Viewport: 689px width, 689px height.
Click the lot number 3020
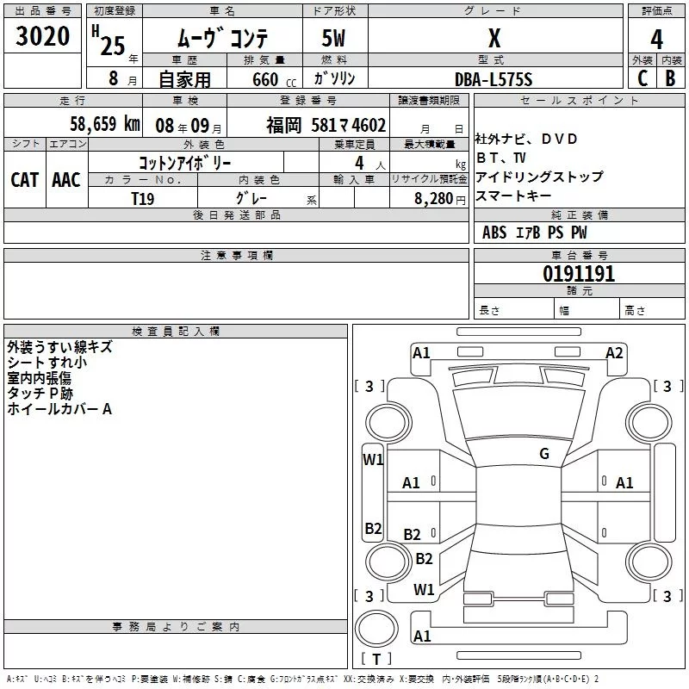tap(43, 39)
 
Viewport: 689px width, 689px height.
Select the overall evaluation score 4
tap(657, 39)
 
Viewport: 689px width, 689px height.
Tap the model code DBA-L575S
tap(493, 79)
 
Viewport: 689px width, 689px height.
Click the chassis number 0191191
tap(578, 275)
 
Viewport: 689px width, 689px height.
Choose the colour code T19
tap(143, 198)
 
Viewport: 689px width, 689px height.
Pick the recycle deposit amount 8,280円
tap(439, 198)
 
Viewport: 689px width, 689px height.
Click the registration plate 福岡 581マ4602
tap(326, 125)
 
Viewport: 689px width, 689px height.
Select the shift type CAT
tap(25, 179)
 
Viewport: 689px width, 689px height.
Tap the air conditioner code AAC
tap(65, 179)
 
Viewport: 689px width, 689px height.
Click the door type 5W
tap(335, 39)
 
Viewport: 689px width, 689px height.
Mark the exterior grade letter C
tap(642, 78)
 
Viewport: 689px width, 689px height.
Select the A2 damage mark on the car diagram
tap(614, 352)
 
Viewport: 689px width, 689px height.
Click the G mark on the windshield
tap(543, 454)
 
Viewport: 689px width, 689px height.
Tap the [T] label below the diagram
tap(376, 660)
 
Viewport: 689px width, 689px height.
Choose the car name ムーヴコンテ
tap(223, 39)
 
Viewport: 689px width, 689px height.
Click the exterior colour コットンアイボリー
tap(185, 161)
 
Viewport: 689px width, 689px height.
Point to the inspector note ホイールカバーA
tap(59, 409)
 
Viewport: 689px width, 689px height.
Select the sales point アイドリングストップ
tap(539, 177)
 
